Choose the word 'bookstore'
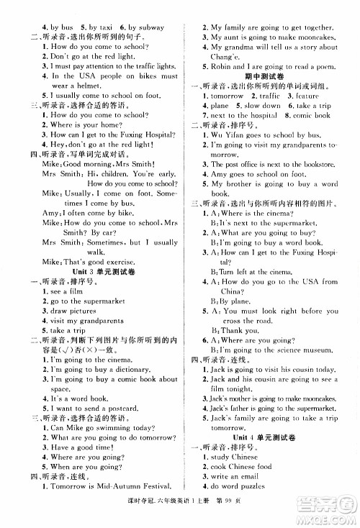[314, 164]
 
